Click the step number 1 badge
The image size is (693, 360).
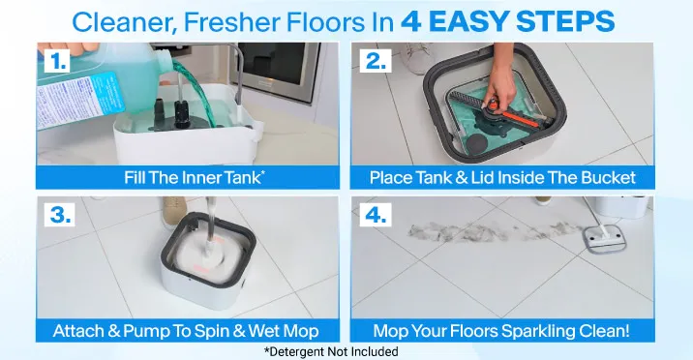point(57,61)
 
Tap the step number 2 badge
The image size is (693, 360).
point(376,61)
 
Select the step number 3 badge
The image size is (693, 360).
point(61,215)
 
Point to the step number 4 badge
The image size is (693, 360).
point(376,215)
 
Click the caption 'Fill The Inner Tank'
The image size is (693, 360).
point(195,177)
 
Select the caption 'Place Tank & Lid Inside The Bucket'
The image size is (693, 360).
point(502,177)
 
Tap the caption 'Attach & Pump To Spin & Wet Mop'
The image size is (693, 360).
point(186,331)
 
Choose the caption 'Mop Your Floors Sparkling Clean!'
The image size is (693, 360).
point(501,331)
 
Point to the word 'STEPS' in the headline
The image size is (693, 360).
point(565,21)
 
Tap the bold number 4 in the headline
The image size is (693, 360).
point(411,21)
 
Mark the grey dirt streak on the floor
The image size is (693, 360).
point(491,231)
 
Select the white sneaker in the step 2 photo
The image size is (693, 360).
point(418,57)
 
